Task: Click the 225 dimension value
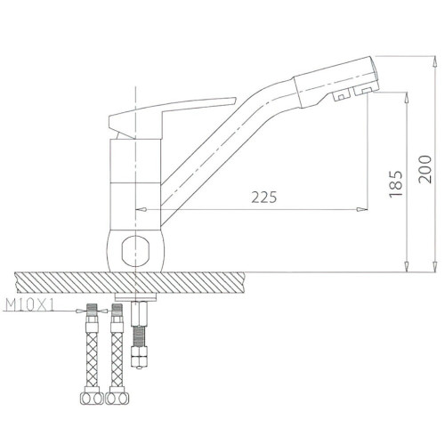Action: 264,197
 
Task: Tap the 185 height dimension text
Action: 396,184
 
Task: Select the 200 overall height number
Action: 425,169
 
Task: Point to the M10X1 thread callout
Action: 30,305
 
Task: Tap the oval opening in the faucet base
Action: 135,250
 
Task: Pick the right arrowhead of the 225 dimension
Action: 362,209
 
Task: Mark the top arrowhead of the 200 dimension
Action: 435,61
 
